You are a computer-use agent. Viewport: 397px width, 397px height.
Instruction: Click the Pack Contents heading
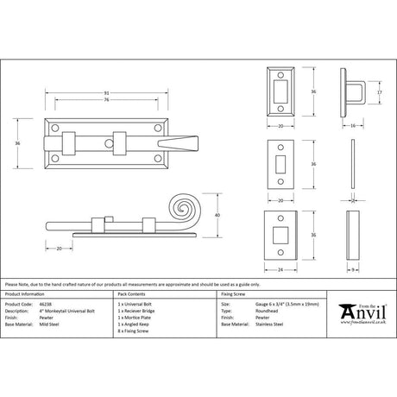[134, 293]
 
